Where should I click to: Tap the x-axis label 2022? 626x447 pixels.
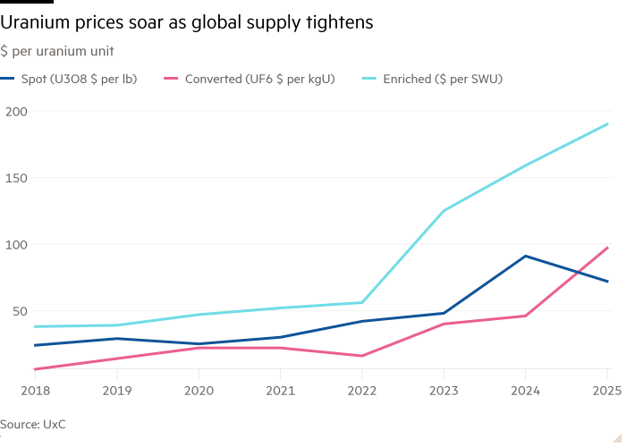click(x=361, y=390)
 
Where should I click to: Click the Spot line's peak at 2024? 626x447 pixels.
click(x=526, y=256)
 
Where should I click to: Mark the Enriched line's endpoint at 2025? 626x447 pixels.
click(x=608, y=124)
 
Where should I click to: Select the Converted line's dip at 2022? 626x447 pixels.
click(x=361, y=356)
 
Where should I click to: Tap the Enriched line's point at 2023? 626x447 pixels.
click(x=444, y=210)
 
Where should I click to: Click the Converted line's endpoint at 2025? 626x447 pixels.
click(x=608, y=248)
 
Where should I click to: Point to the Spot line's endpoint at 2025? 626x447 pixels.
click(x=608, y=282)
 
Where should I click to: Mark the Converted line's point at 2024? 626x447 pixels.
click(x=526, y=316)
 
